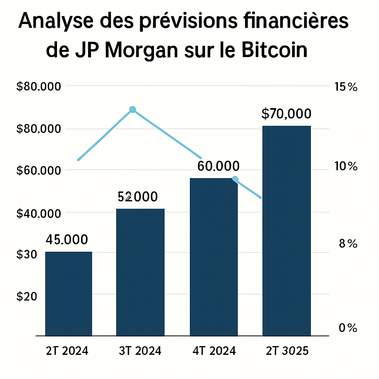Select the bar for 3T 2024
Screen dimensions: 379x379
click(x=140, y=272)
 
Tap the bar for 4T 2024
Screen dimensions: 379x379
click(x=214, y=257)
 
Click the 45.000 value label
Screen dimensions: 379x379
click(x=67, y=239)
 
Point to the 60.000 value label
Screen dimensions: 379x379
click(x=218, y=166)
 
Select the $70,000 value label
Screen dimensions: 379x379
click(x=286, y=114)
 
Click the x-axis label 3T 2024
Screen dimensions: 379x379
click(x=140, y=351)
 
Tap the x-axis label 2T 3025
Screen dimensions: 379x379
click(x=287, y=351)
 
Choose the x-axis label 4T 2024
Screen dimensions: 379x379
click(x=214, y=351)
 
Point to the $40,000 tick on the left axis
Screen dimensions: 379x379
click(x=39, y=214)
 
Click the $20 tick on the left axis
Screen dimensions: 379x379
click(x=27, y=296)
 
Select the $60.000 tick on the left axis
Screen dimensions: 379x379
click(x=39, y=171)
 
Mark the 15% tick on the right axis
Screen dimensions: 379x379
click(x=345, y=87)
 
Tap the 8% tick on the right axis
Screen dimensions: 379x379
click(x=347, y=244)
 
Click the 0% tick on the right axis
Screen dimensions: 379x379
click(x=347, y=328)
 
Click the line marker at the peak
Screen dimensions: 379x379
click(x=133, y=109)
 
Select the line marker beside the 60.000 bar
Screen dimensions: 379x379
click(x=235, y=180)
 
